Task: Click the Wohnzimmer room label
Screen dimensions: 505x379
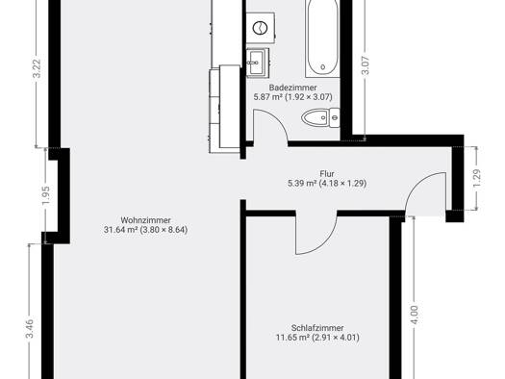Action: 145,220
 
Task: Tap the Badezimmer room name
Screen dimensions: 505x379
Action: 292,88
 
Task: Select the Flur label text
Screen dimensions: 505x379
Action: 327,174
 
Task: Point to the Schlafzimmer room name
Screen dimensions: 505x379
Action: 317,328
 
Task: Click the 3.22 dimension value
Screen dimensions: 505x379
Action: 38,68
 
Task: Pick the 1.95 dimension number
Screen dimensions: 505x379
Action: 46,196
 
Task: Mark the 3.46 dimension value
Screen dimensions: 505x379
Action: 30,328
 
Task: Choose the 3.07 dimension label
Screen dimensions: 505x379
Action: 366,65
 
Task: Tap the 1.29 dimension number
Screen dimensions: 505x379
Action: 477,178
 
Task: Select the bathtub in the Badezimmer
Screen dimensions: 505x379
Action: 322,38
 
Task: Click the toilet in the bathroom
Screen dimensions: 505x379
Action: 320,118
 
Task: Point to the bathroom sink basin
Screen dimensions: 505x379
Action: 258,63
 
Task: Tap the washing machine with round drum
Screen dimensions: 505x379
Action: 261,28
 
